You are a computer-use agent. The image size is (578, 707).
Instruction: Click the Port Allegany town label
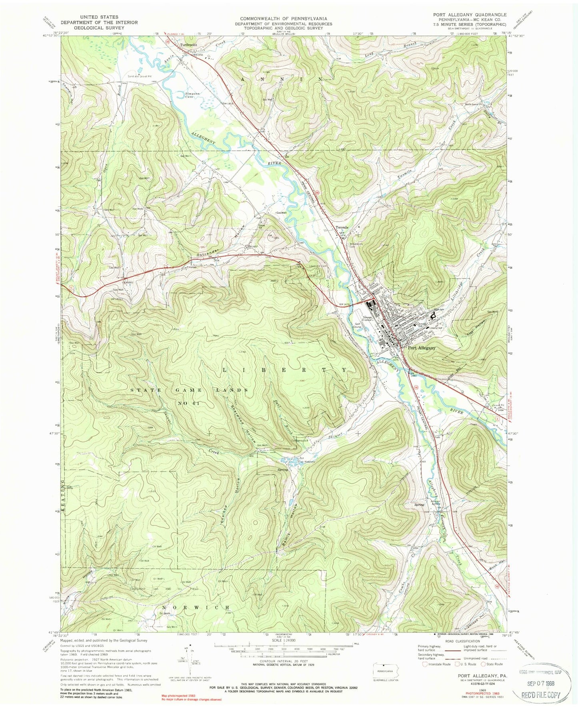click(422, 348)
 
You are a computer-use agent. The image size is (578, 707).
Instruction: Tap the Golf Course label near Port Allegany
click(357, 325)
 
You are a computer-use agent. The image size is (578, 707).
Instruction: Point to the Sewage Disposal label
click(368, 319)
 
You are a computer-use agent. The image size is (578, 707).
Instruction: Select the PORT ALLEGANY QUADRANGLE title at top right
click(470, 15)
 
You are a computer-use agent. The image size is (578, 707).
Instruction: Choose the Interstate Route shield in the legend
click(425, 664)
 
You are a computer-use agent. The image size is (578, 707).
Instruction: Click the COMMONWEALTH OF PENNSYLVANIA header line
click(283, 18)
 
